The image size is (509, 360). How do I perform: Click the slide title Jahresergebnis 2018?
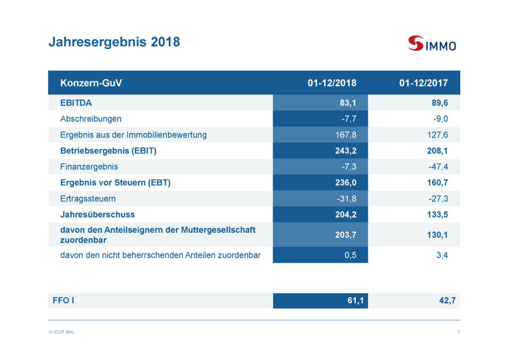coord(114,42)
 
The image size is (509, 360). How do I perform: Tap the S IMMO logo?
coord(431,44)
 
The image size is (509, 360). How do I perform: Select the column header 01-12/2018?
coord(332,83)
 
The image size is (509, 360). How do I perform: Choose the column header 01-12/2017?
coord(424,83)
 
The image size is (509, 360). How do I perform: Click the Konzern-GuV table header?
coord(91,83)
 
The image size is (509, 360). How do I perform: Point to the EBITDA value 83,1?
coord(346,103)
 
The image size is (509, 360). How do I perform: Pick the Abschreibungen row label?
coord(90,119)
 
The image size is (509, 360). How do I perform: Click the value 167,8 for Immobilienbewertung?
coord(345,135)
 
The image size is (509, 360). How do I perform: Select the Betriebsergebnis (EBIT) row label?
coord(108,151)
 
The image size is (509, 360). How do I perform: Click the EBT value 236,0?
coord(345,182)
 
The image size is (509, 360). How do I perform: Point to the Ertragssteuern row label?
coord(88,198)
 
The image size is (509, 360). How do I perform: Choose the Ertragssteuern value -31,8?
coord(345,198)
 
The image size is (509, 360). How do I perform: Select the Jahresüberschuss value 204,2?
coord(345,215)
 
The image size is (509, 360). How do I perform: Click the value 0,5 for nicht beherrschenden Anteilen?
coord(350,256)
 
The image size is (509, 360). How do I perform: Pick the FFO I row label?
coord(64,301)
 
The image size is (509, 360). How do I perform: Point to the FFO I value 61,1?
coord(346,301)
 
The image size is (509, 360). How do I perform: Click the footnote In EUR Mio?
coord(62,332)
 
